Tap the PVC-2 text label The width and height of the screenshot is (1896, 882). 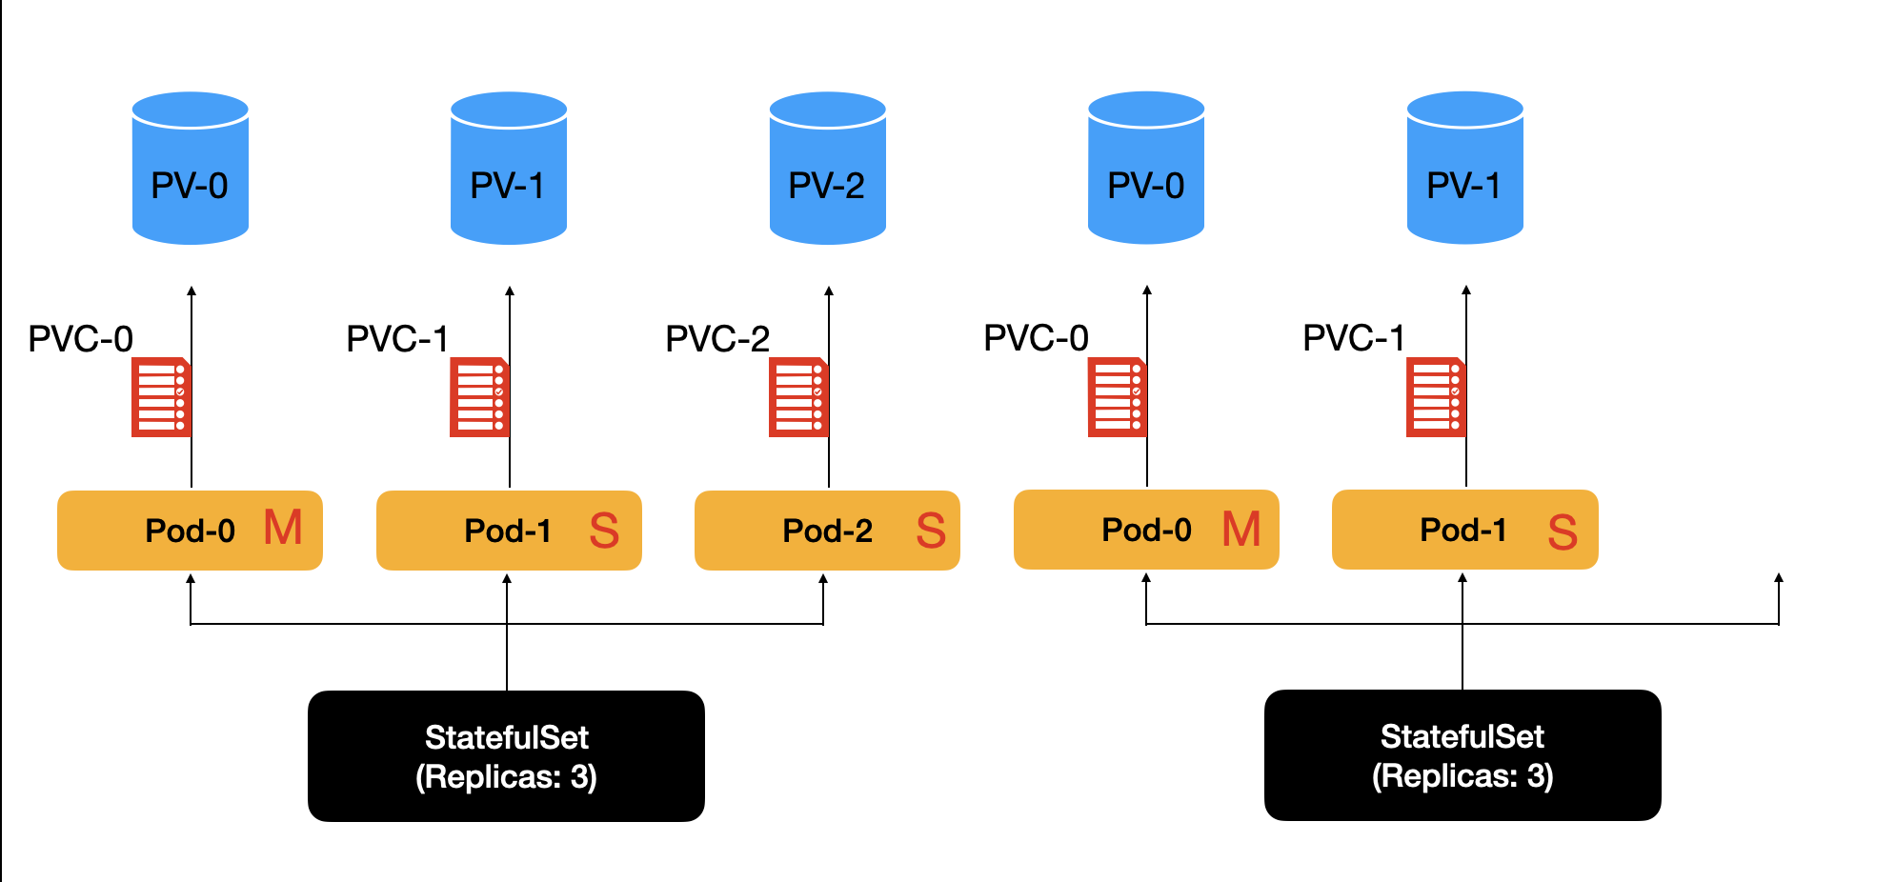tap(716, 339)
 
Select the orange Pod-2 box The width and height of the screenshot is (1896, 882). tap(827, 531)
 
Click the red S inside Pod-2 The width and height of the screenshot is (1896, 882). tap(931, 531)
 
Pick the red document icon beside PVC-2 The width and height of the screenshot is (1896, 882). tap(797, 397)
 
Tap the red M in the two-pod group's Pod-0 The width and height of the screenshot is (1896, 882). tap(1241, 530)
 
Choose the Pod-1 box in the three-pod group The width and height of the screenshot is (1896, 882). tap(509, 531)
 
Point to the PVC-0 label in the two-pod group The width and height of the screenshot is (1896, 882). tap(1036, 338)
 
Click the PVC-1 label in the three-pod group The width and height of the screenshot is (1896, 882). tap(397, 339)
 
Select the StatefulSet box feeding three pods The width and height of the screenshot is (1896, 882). tap(506, 756)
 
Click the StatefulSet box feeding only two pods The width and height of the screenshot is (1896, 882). tap(1462, 755)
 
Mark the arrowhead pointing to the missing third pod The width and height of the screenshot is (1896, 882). tap(1779, 578)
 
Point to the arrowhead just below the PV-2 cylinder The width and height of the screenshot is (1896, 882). tap(829, 291)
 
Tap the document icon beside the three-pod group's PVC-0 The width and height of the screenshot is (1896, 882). tap(160, 397)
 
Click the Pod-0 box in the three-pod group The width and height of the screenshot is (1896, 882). tap(190, 531)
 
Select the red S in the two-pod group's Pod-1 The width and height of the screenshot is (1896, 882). tap(1563, 532)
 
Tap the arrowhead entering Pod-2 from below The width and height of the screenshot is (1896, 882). tap(823, 579)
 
